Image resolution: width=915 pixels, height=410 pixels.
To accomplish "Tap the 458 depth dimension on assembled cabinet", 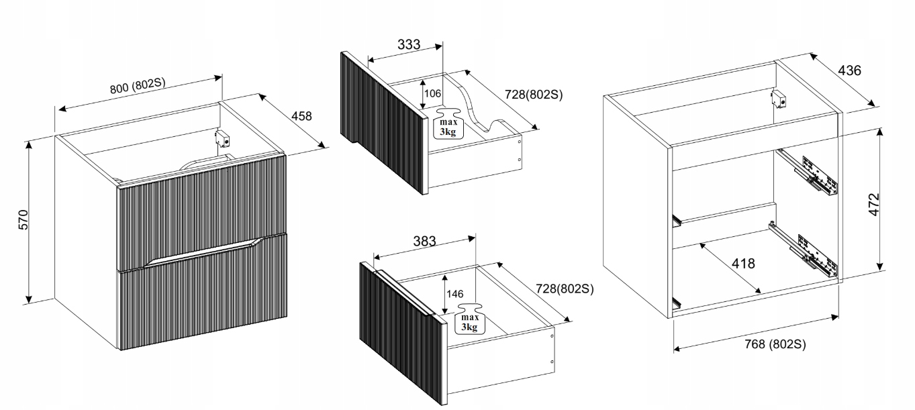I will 302,116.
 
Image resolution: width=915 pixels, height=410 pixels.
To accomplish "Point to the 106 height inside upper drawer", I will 432,93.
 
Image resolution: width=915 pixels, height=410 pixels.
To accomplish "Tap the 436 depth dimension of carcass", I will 849,70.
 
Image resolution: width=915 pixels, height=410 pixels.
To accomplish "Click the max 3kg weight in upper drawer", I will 448,125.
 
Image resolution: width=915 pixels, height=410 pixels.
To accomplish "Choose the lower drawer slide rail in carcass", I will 805,248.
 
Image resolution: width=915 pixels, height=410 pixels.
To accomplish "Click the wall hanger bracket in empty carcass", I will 779,99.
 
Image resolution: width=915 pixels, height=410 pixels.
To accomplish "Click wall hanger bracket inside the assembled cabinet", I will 223,139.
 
